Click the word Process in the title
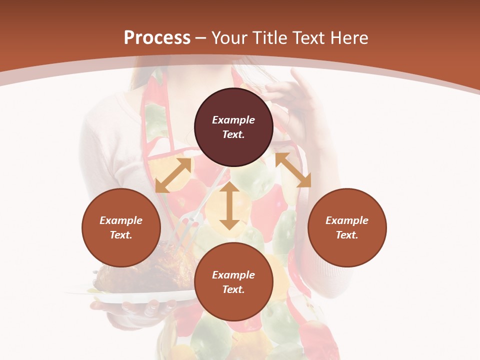[157, 38]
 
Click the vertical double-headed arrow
[229, 206]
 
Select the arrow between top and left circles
[173, 175]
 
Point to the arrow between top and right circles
[293, 170]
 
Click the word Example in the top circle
[233, 120]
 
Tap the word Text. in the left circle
[121, 235]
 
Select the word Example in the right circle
[347, 220]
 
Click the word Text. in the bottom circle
[233, 289]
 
